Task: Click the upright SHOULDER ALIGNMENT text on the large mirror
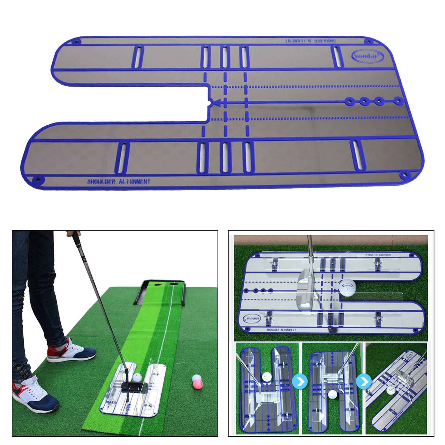coord(119,182)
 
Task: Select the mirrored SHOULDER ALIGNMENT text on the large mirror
coord(310,41)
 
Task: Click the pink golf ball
coord(198,384)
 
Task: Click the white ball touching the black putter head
coord(137,377)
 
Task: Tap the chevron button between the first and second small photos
coord(300,382)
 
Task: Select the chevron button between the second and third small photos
coord(364,381)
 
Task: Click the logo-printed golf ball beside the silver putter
coord(347,288)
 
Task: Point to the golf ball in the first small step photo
coord(266,377)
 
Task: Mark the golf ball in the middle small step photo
coord(333,394)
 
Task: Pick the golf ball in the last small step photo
coord(391,391)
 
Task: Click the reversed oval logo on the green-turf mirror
coord(252,318)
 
